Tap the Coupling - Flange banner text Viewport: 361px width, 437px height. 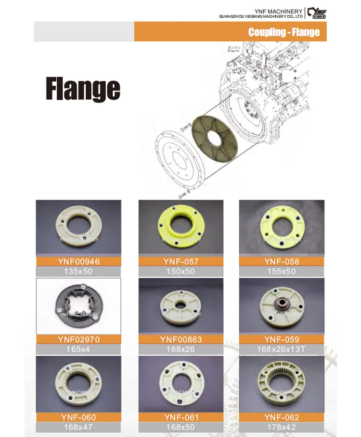tap(284, 32)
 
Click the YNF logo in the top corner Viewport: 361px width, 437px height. tap(317, 13)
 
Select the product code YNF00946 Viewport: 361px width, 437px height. tap(78, 262)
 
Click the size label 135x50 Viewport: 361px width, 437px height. tap(78, 271)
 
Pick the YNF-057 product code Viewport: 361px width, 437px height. tap(180, 262)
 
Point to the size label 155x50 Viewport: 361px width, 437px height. tap(282, 271)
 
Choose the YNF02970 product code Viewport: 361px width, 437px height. tap(78, 340)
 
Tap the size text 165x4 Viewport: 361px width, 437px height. tap(78, 349)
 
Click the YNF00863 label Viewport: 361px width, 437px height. tap(180, 340)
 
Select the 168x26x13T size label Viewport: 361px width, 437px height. tap(282, 349)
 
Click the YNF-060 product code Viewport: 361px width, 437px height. tap(78, 417)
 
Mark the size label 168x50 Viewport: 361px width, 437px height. tap(180, 427)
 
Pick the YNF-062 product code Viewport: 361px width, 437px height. tap(282, 417)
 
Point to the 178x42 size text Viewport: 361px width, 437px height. tap(282, 427)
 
